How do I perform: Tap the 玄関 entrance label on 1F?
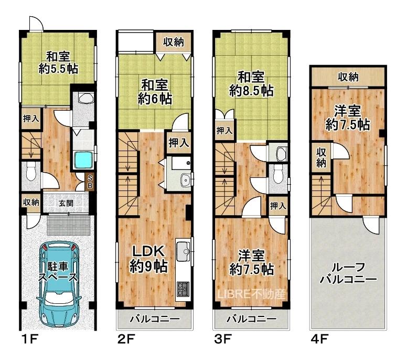tap(66, 203)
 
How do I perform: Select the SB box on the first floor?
tap(89, 182)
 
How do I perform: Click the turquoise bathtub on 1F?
tap(83, 161)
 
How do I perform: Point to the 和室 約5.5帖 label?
tap(58, 62)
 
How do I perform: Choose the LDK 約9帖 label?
tap(148, 259)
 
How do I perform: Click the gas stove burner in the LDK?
tap(183, 289)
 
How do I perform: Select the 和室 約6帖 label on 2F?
tap(155, 92)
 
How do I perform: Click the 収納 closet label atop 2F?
tap(173, 41)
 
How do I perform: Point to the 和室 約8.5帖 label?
tap(251, 83)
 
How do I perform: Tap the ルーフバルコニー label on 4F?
tap(348, 273)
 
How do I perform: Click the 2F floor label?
tap(126, 339)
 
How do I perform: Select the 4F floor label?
tap(319, 339)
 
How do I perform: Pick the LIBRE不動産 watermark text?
tap(251, 294)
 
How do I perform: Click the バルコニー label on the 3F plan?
tap(251, 319)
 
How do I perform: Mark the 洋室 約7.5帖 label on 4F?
tap(347, 118)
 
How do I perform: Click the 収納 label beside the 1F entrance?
tap(31, 202)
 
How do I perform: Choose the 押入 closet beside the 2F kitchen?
tap(178, 142)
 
